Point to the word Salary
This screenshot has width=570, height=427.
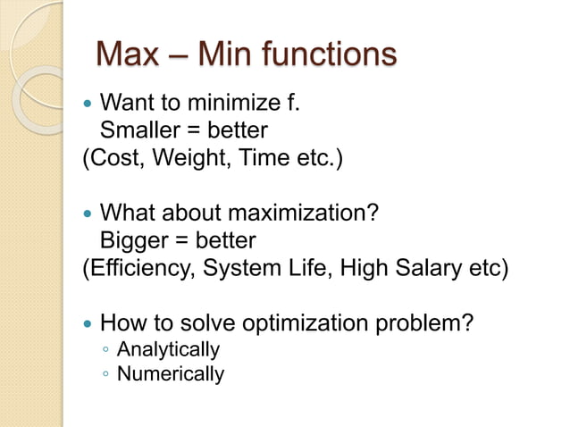tap(432, 269)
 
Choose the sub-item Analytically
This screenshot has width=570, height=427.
tap(168, 349)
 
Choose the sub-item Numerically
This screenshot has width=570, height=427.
tap(170, 373)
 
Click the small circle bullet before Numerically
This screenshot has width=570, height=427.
tap(105, 374)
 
